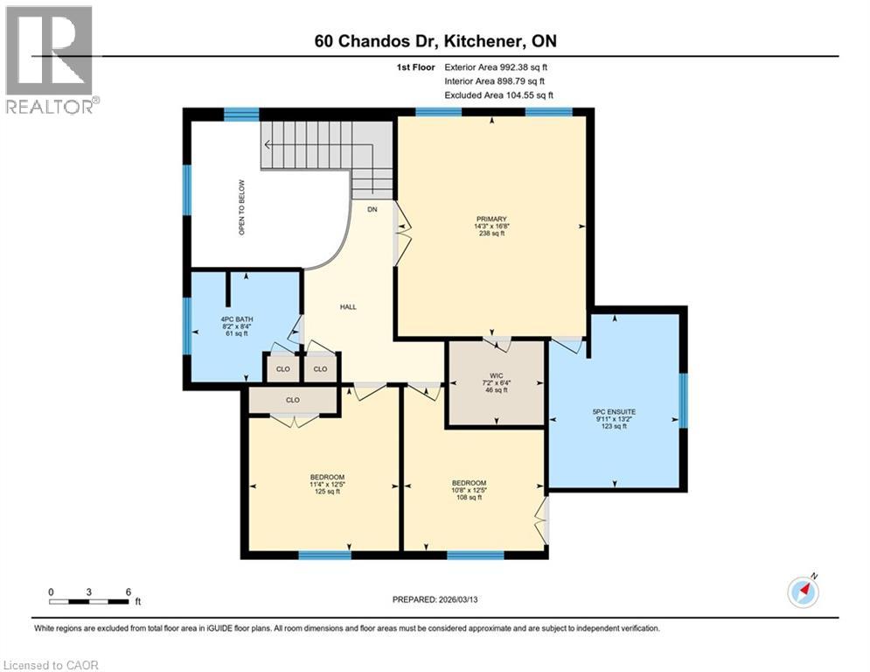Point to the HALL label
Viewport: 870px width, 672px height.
(348, 306)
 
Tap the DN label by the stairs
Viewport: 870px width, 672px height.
(372, 209)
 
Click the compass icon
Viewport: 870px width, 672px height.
(803, 592)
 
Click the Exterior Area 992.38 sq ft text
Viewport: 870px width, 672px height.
(497, 66)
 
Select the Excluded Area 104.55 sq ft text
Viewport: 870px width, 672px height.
(498, 94)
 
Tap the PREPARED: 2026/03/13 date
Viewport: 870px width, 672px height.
(435, 599)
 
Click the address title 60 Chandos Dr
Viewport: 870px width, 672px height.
(435, 40)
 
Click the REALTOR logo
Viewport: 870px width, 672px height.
(51, 59)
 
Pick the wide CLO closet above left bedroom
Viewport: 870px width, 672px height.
(293, 399)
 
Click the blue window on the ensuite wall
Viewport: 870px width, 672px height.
(684, 401)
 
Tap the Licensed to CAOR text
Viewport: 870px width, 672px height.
(51, 665)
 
